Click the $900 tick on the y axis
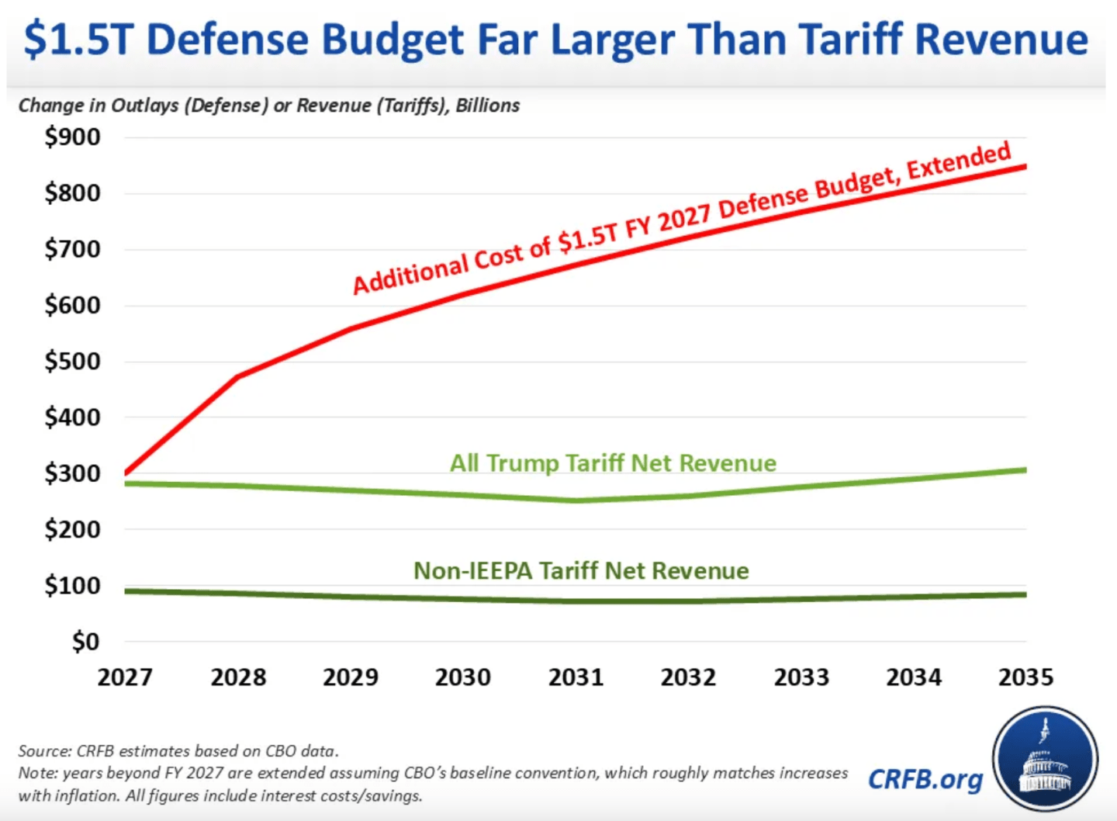click(72, 137)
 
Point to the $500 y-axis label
click(72, 362)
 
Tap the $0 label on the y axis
click(85, 642)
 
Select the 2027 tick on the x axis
click(125, 677)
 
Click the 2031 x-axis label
click(576, 677)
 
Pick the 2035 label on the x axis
click(1025, 677)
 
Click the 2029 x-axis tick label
click(351, 677)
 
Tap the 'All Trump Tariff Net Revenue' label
click(613, 463)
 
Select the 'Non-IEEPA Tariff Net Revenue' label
click(581, 571)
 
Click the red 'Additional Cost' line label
click(681, 220)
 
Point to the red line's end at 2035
click(1025, 167)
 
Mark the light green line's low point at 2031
click(576, 501)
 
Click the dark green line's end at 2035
click(1025, 595)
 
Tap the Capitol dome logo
click(1045, 759)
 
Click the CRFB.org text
click(925, 778)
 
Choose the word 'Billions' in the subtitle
click(487, 106)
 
